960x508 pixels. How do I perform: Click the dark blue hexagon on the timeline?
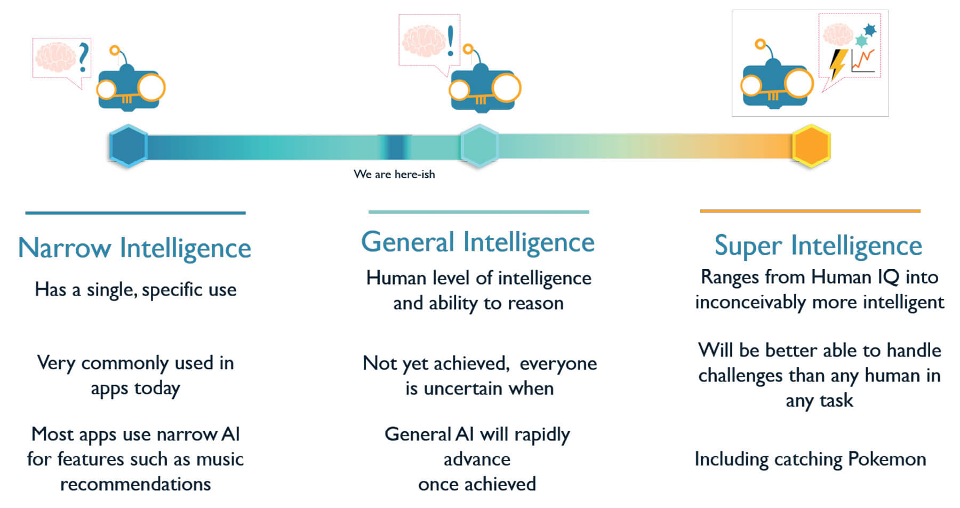[129, 146]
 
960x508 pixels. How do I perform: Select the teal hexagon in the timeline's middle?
[479, 146]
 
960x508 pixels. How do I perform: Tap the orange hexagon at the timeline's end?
[811, 146]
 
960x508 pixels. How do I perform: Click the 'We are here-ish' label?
[394, 174]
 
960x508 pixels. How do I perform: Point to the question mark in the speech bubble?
[83, 58]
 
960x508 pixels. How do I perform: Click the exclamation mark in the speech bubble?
[451, 40]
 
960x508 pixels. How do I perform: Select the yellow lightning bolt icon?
[837, 65]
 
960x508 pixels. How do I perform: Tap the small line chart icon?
[863, 60]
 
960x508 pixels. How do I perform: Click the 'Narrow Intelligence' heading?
[134, 248]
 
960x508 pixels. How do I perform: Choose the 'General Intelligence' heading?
[478, 242]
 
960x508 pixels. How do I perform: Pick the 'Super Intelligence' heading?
[818, 246]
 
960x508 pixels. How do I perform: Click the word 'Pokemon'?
[887, 459]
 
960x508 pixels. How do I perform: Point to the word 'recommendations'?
[135, 484]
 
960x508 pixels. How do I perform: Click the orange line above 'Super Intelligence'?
[810, 211]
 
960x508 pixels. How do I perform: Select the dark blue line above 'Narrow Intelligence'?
[135, 213]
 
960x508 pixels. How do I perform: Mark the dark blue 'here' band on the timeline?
[395, 147]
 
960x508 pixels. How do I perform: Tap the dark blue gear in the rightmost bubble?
[870, 30]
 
